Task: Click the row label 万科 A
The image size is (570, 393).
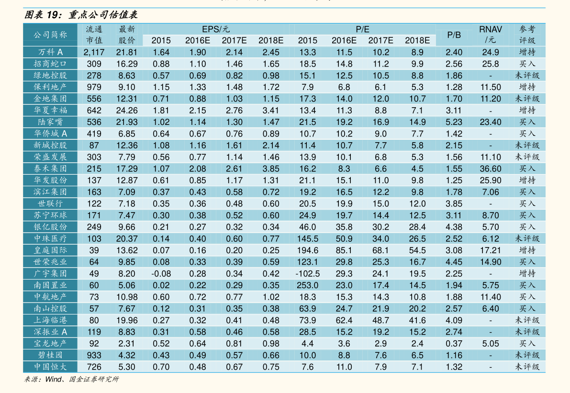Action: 50,52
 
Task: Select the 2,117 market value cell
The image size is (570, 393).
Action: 94,52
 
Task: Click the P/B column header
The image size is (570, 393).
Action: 454,35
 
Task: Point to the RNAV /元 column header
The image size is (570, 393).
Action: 491,34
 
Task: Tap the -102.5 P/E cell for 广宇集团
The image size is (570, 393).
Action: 308,274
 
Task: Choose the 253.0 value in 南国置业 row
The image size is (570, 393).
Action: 308,285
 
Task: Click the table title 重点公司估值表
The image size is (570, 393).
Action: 103,14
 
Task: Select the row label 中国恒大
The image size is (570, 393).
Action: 50,367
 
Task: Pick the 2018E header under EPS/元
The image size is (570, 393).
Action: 271,40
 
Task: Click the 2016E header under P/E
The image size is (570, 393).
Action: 344,40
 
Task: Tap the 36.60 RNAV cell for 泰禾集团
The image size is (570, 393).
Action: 491,168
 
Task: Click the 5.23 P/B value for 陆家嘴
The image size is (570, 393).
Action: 454,122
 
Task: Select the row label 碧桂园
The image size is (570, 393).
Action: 50,355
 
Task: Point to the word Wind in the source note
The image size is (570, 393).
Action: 54,379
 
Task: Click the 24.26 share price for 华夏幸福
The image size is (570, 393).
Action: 127,111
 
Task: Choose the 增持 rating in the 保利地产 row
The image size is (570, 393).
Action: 527,87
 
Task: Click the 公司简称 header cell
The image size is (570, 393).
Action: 50,35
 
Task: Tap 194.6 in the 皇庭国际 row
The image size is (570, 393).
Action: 308,250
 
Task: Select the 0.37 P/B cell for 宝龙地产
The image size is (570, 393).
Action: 454,344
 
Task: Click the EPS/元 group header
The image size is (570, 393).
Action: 216,29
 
